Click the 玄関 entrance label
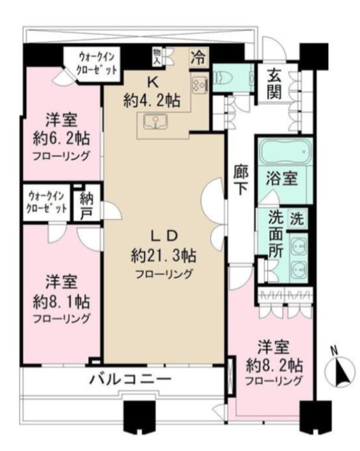(x=274, y=83)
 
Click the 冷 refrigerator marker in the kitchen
(x=197, y=56)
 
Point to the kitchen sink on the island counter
(x=155, y=120)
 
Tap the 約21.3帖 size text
(x=163, y=254)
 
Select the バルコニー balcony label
(x=130, y=379)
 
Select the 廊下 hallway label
(x=239, y=183)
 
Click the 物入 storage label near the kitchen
(x=157, y=56)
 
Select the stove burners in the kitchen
(x=198, y=83)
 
